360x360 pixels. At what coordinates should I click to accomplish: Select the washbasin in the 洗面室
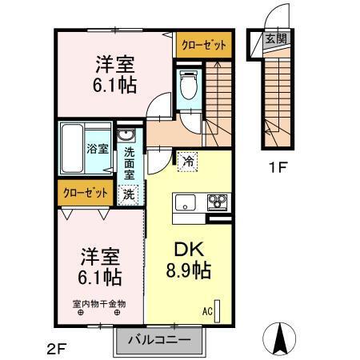126,135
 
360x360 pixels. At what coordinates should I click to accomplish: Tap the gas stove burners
217,202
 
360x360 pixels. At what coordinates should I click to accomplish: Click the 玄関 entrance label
275,38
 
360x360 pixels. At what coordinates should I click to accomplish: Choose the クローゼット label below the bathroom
83,192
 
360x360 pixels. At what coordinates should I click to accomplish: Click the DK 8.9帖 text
189,261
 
